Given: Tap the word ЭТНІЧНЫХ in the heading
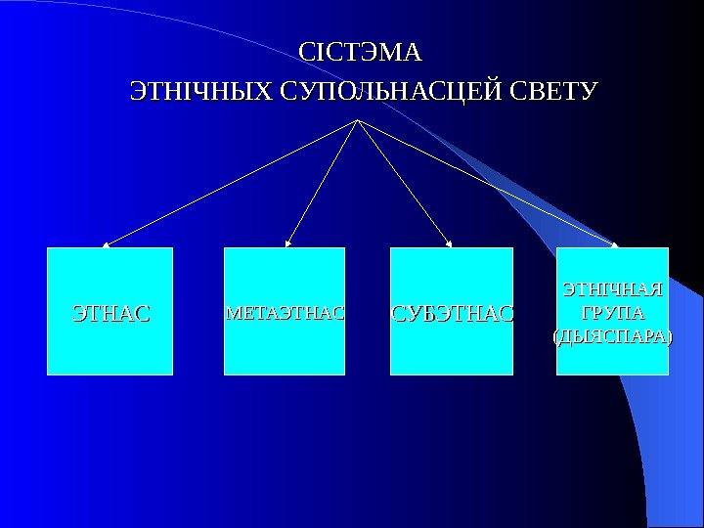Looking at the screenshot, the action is (202, 93).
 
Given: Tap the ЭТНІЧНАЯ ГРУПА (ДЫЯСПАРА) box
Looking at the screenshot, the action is (612, 357).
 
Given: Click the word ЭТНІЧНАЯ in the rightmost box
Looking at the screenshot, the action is (613, 289).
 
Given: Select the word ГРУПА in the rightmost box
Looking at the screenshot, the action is (613, 314).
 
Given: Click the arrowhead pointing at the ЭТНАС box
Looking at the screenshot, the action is (108, 244).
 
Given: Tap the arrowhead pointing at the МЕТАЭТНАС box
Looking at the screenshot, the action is (289, 243).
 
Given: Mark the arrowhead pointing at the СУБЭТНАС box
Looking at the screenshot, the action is (449, 244).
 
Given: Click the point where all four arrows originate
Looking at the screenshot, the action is (359, 120).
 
